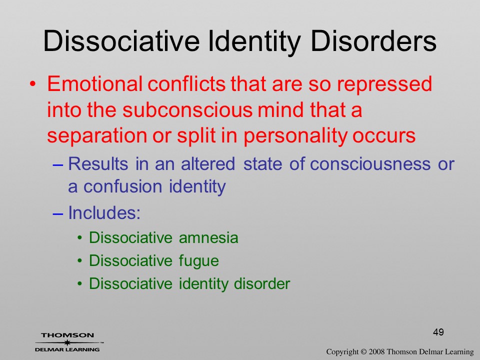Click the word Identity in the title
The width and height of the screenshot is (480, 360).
pos(254,41)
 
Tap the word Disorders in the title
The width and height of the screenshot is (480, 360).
pos(373,41)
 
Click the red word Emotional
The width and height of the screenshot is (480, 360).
pos(95,83)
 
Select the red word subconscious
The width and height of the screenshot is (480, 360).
pos(187,109)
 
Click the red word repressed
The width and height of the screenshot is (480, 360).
pos(384,84)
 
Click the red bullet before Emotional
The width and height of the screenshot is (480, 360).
pos(33,84)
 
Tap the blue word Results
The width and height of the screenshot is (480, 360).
pos(98,163)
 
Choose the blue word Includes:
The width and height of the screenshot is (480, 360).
pos(104,212)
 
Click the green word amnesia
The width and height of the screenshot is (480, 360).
pos(208,238)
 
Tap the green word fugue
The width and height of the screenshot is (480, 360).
pos(199,261)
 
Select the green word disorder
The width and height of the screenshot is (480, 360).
pos(261,283)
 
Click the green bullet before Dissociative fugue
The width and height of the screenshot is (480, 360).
pos(80,261)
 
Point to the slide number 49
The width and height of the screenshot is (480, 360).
pos(438,332)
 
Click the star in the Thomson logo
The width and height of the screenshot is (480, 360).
pos(67,342)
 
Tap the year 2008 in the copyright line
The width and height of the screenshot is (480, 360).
pos(376,352)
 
